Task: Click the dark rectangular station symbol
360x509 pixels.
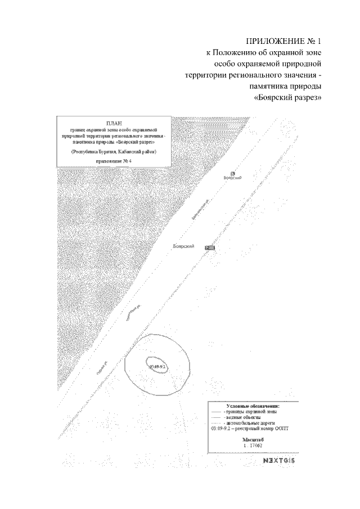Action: point(210,247)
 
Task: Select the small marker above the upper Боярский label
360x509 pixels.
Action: point(233,173)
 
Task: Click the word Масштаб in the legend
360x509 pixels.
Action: point(253,439)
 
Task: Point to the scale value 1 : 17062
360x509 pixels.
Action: point(253,445)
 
